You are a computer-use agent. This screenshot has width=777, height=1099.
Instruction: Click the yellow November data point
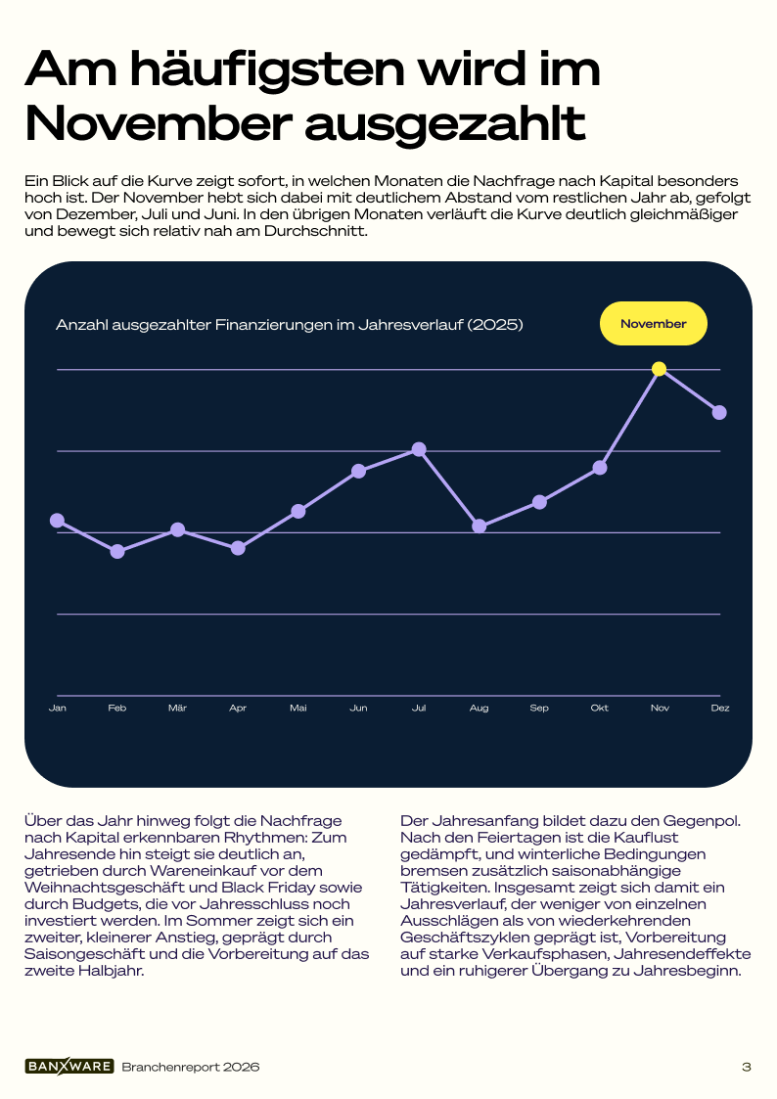tap(659, 369)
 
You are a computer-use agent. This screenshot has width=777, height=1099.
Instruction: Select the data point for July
tap(419, 449)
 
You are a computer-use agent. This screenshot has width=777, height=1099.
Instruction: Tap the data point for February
tap(117, 552)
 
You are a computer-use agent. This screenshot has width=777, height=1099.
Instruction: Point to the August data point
tap(480, 526)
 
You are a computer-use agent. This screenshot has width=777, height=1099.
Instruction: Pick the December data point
tap(719, 412)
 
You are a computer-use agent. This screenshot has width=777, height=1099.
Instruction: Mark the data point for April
tap(238, 547)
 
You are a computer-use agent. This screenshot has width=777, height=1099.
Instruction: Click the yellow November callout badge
tap(653, 324)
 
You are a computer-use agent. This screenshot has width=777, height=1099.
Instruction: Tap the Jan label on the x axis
tap(58, 708)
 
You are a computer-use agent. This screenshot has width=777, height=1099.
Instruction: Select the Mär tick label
tap(177, 708)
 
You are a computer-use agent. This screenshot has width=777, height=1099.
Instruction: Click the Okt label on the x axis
tap(600, 708)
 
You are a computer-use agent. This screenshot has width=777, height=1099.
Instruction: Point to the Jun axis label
tap(359, 708)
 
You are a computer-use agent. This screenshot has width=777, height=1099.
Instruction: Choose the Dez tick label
tap(720, 708)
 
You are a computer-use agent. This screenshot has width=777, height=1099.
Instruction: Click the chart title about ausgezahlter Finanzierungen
tap(290, 325)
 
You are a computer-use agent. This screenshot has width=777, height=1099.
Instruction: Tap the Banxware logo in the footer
tap(69, 1066)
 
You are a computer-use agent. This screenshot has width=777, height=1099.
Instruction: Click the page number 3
tap(746, 1067)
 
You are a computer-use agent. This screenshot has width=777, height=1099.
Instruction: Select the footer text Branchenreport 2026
tap(191, 1067)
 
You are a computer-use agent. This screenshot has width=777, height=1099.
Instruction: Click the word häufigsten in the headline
tap(267, 70)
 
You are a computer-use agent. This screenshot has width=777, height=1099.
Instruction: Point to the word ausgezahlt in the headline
tap(445, 123)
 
